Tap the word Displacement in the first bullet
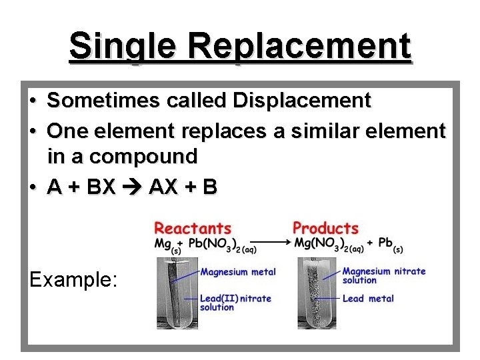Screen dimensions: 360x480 point(301,101)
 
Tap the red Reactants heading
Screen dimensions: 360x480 point(193,229)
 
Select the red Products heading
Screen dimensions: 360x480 point(325,229)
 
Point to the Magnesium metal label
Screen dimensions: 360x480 point(237,272)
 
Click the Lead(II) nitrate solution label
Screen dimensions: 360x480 point(235,303)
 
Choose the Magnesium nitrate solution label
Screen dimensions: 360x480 point(383,275)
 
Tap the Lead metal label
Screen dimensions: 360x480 point(368,299)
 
